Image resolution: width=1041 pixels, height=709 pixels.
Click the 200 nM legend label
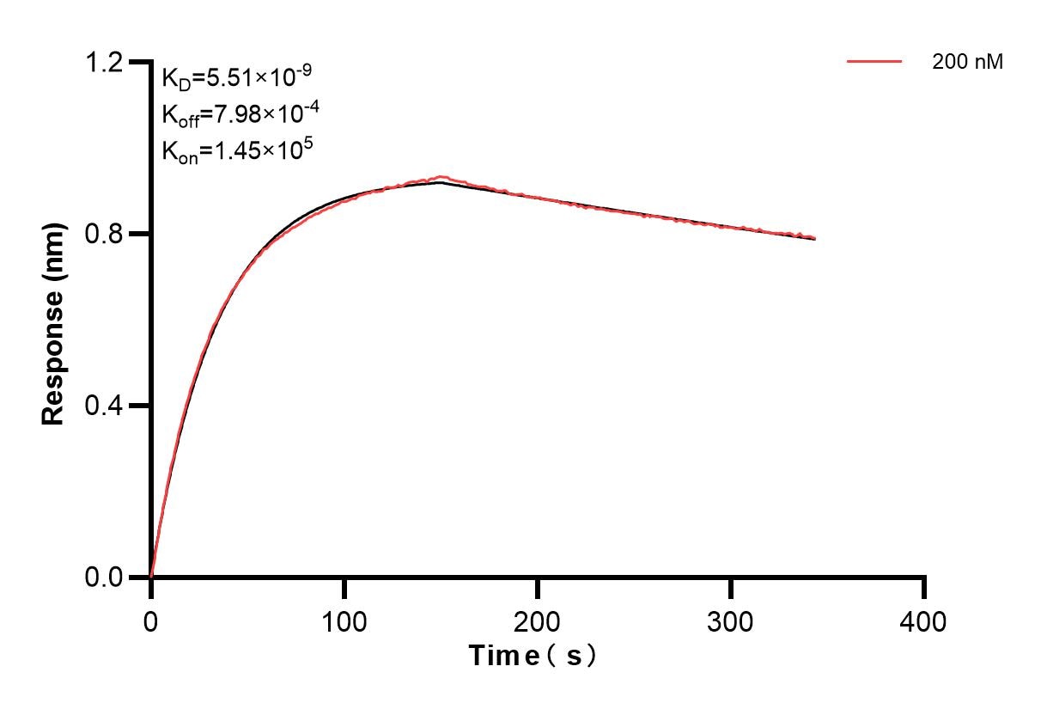click(x=967, y=62)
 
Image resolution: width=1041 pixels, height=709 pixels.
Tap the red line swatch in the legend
click(x=874, y=62)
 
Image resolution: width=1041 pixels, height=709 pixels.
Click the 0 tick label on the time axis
click(x=151, y=620)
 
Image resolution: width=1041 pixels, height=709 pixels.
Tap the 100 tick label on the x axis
click(x=344, y=620)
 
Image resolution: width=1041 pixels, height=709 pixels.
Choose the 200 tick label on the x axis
click(x=538, y=620)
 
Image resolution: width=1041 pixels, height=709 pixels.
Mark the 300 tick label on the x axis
click(x=731, y=620)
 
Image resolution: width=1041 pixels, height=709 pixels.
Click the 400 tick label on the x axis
click(x=924, y=620)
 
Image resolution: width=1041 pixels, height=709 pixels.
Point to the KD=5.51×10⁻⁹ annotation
click(x=236, y=78)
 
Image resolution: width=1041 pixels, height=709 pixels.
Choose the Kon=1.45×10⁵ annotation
click(x=237, y=150)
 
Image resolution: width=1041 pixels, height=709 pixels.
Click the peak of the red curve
click(x=441, y=177)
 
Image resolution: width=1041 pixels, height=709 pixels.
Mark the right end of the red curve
click(x=814, y=238)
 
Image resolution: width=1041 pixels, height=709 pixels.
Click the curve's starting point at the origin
click(x=151, y=576)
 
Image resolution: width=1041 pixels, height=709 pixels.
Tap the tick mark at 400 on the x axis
click(x=924, y=588)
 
